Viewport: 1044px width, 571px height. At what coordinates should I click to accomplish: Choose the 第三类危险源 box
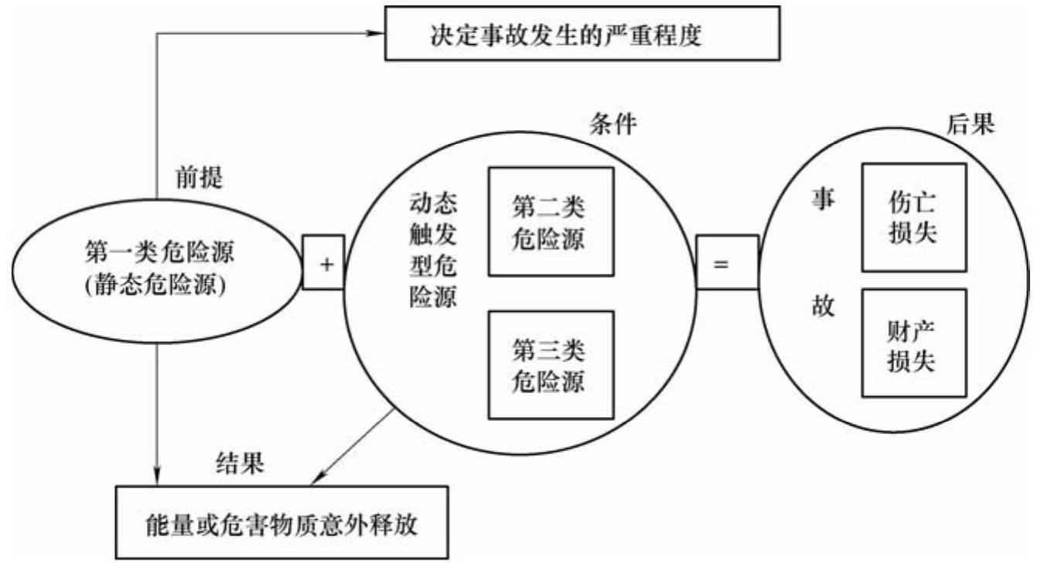click(548, 364)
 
